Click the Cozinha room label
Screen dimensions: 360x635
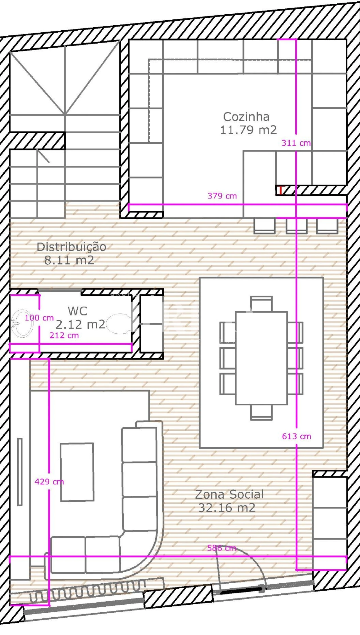click(246, 117)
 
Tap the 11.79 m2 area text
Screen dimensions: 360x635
click(248, 130)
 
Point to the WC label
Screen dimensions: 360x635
click(78, 311)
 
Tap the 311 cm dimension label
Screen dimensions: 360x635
click(296, 143)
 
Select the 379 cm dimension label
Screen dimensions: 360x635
click(222, 196)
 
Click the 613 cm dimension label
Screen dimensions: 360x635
click(296, 437)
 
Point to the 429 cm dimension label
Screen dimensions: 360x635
click(49, 482)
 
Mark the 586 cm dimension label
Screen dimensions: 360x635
click(222, 548)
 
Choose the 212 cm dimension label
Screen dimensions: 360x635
click(64, 335)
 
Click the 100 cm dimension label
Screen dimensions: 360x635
click(39, 318)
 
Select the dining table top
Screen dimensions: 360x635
click(261, 358)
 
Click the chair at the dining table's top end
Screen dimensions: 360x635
click(261, 304)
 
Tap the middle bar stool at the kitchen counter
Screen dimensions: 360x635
click(296, 226)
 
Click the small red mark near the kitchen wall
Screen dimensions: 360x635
click(280, 190)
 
